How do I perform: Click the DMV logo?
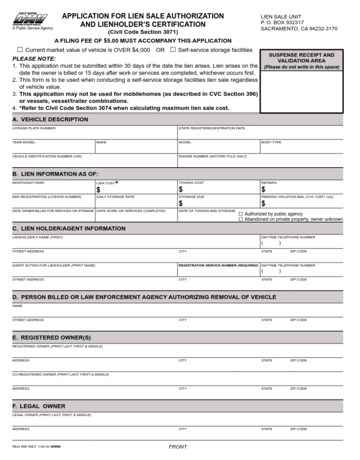click(x=30, y=20)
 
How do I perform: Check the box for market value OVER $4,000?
click(x=20, y=50)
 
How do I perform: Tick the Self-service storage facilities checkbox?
click(x=173, y=50)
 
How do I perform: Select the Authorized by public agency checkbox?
click(x=241, y=214)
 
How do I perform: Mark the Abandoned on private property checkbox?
click(x=241, y=219)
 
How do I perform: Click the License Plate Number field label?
click(x=34, y=128)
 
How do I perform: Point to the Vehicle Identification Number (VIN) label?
click(x=47, y=156)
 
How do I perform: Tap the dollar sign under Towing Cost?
click(x=180, y=190)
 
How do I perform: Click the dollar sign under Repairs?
click(x=263, y=190)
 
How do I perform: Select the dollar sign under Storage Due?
click(x=180, y=203)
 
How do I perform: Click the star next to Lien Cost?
click(x=117, y=182)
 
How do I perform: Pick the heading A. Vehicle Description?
click(x=50, y=119)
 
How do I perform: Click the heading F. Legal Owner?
click(x=39, y=406)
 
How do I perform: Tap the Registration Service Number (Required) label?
click(x=218, y=265)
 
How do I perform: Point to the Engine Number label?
click(x=212, y=156)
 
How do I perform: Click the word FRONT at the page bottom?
click(x=178, y=447)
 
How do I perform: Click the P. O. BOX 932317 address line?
click(x=282, y=22)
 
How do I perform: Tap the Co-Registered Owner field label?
click(x=60, y=374)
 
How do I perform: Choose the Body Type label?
click(x=271, y=142)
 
